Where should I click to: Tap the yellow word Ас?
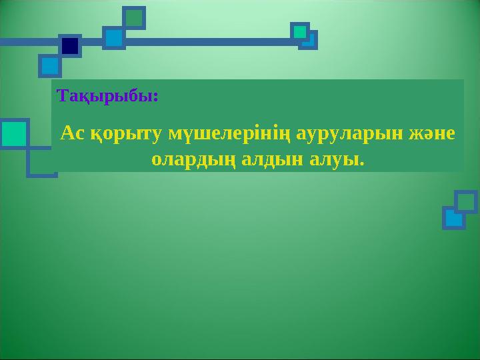pos(73,133)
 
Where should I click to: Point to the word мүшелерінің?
pos(229,135)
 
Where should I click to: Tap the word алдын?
pos(272,159)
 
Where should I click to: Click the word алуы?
pos(333,161)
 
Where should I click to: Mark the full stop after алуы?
pos(362,164)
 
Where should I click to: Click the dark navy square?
pos(70,46)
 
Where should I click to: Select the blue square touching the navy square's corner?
pos(50,66)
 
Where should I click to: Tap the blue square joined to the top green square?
pos(114,38)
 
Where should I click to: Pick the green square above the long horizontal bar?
pos(134,18)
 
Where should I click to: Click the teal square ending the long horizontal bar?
pos(300,32)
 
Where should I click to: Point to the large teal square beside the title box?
pos(15,134)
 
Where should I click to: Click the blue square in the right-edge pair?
pos(454,218)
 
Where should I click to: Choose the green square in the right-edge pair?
pos(466,202)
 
